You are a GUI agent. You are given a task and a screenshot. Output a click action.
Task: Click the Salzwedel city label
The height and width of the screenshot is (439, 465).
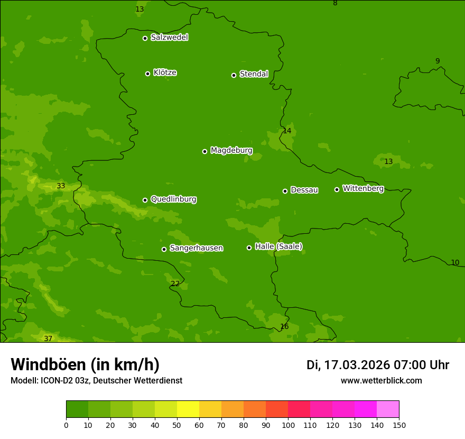tap(169, 38)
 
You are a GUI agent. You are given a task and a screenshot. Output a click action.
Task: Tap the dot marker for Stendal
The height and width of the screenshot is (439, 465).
tap(234, 75)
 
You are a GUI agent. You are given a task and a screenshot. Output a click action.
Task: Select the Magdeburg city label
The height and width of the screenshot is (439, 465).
tap(231, 151)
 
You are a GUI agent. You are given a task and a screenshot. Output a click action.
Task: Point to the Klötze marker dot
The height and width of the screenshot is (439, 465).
tap(147, 74)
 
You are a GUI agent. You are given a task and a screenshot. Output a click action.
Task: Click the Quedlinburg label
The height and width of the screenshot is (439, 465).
tap(173, 199)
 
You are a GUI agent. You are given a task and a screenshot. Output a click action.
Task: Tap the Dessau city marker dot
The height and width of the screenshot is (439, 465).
tap(285, 191)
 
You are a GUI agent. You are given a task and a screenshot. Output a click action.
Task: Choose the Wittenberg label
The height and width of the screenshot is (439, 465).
tap(363, 188)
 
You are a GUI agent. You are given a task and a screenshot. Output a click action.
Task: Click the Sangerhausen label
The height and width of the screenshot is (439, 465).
tap(196, 248)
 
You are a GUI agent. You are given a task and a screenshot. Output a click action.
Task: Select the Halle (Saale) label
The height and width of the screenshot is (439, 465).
tap(278, 246)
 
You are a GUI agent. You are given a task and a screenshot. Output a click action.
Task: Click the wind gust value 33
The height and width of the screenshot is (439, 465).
tap(61, 186)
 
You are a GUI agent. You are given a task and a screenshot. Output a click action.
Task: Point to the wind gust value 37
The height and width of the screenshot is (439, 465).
tap(48, 339)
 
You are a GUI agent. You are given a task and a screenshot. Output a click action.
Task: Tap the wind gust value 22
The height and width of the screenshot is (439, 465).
tap(175, 284)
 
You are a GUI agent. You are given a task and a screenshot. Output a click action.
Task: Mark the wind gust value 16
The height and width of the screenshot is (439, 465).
tap(284, 327)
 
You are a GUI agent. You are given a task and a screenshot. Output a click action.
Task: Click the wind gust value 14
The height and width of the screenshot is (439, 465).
tap(287, 131)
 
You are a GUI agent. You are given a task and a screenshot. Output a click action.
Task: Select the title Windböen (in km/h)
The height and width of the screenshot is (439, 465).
tap(85, 364)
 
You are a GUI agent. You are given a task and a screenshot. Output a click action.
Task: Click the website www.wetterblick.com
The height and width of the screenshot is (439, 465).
tap(381, 381)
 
